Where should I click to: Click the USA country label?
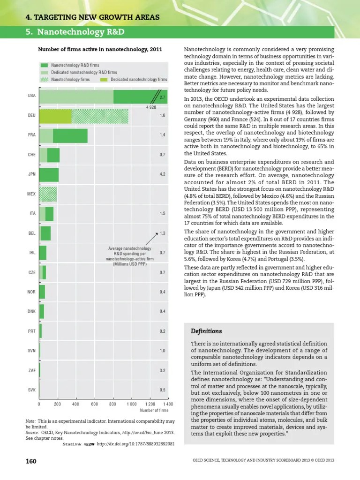(31, 96)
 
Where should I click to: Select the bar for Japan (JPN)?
(49, 174)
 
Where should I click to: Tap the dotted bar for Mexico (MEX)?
(48, 194)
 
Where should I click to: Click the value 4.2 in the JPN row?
(162, 174)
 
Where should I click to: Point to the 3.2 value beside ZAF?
(162, 370)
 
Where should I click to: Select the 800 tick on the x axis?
(112, 404)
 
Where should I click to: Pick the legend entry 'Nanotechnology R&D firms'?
(75, 65)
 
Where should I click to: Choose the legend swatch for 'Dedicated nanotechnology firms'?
(105, 80)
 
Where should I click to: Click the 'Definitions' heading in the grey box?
(206, 331)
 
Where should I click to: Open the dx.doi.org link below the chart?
(132, 444)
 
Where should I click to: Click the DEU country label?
(31, 115)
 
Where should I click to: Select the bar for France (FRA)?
(63, 135)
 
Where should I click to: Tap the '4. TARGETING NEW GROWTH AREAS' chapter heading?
(92, 18)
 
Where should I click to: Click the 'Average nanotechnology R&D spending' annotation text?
(129, 256)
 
